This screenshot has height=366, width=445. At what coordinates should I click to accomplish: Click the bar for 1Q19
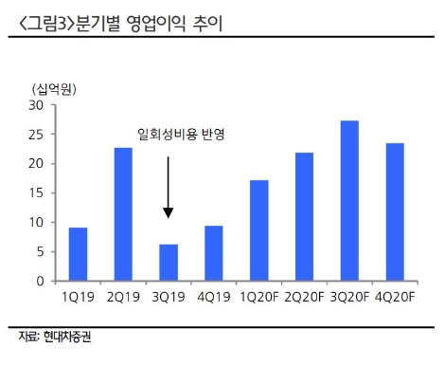click(x=79, y=254)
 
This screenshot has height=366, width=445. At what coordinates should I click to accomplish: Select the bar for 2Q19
click(x=123, y=214)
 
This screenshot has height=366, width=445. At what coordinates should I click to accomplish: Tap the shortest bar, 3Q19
click(x=168, y=263)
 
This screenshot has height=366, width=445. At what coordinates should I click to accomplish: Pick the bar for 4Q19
click(x=213, y=253)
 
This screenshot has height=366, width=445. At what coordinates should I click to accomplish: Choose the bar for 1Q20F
click(x=258, y=230)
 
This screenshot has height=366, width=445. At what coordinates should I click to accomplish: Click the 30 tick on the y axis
click(x=36, y=104)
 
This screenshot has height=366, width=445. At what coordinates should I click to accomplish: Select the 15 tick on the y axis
click(x=36, y=192)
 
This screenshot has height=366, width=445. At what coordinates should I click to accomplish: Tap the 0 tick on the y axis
click(x=40, y=281)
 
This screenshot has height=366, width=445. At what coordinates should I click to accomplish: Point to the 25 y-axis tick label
click(x=36, y=134)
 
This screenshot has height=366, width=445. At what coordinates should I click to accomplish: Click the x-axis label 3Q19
click(x=168, y=296)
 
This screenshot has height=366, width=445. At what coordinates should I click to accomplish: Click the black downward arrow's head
click(x=168, y=213)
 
